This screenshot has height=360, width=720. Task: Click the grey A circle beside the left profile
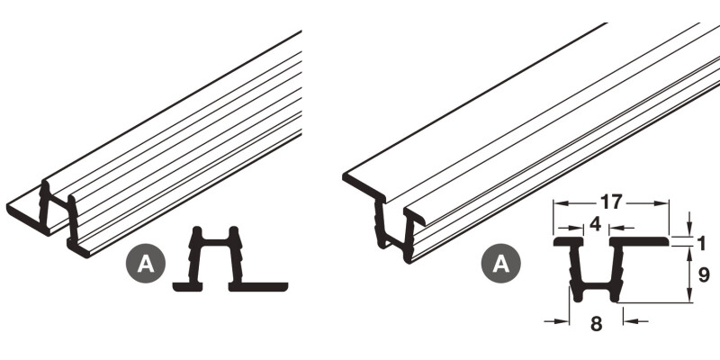click(x=146, y=264)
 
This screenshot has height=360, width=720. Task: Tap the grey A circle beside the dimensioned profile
click(x=501, y=264)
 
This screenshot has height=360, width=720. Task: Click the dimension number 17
click(x=611, y=202)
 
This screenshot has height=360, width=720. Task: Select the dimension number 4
click(x=595, y=224)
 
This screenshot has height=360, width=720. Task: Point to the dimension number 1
click(x=701, y=243)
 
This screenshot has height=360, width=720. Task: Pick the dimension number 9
click(x=704, y=274)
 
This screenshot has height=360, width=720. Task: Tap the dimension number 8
click(x=596, y=324)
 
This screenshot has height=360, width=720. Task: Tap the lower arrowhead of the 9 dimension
click(x=688, y=295)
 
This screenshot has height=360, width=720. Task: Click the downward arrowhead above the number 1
click(x=688, y=229)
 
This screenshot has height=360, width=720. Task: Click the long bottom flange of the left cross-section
click(x=258, y=287)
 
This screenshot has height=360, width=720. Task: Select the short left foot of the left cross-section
click(x=187, y=287)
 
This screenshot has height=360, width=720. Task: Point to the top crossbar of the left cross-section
click(x=215, y=242)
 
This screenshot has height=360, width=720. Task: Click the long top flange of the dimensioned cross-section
click(x=639, y=241)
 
